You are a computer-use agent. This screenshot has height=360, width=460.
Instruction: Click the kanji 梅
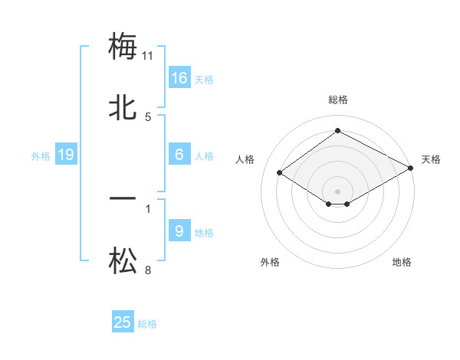click(x=123, y=47)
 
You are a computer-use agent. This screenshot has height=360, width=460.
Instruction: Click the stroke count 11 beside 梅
click(x=148, y=56)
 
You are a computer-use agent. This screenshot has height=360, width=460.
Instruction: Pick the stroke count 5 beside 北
click(x=148, y=117)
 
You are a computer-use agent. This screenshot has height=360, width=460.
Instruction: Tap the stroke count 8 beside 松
click(x=148, y=270)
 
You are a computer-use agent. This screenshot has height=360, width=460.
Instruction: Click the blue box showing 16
click(x=179, y=77)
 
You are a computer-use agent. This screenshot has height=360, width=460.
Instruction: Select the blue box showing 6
click(x=179, y=155)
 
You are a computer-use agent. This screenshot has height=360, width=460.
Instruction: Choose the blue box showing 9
click(x=179, y=231)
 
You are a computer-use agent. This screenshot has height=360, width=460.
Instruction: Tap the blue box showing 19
click(x=66, y=155)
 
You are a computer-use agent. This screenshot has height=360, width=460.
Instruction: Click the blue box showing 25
click(x=123, y=322)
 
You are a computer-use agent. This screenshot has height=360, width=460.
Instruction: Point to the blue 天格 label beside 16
click(x=204, y=80)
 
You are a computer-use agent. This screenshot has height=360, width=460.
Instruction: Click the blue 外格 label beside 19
click(x=41, y=156)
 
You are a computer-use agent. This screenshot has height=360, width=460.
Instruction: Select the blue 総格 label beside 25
click(x=147, y=324)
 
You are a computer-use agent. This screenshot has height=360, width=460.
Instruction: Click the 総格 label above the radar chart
click(x=337, y=100)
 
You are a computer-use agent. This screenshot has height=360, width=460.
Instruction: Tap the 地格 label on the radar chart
click(x=402, y=262)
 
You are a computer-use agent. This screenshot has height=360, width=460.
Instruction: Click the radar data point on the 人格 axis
click(x=280, y=173)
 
